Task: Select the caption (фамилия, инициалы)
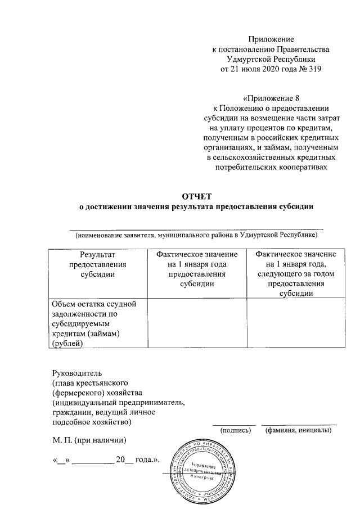pos(298,430)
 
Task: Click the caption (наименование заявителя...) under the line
pos(197,235)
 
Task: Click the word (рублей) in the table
pos(67,342)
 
